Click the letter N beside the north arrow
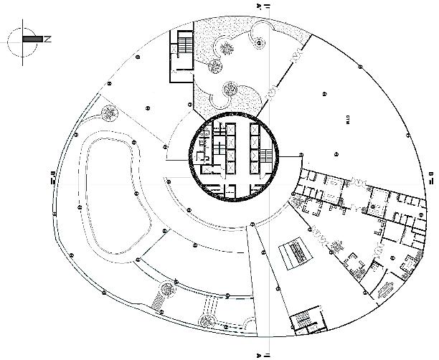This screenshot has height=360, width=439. click(47, 39)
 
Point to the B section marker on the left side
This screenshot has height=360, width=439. click(52, 176)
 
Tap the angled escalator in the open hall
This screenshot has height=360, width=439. click(293, 252)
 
